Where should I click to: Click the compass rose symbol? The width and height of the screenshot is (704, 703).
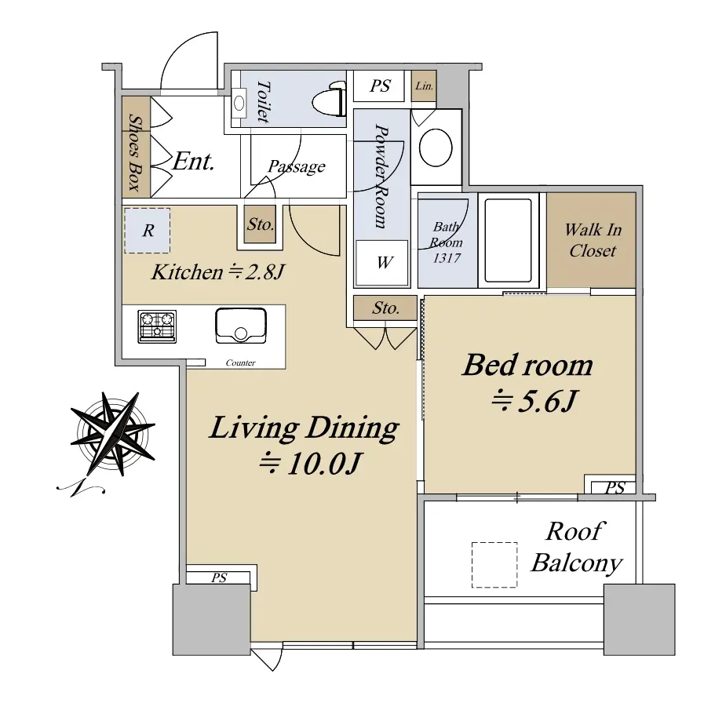112,435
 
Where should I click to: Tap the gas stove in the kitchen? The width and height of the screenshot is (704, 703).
157,326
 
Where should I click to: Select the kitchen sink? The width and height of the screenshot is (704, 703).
241,326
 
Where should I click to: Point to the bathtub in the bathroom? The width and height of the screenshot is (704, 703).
509,241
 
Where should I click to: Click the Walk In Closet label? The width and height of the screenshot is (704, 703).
593,240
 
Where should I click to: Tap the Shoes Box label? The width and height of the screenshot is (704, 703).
135,152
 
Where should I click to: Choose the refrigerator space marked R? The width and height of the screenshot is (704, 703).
148,231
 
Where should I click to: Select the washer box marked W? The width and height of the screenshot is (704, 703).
382,263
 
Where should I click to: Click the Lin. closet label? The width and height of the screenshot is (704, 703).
424,86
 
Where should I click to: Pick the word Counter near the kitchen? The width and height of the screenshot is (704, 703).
241,362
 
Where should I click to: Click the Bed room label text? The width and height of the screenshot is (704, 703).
527,366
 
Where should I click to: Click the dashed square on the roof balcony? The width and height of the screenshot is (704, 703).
494,565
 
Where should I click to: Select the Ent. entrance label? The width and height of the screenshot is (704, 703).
194,161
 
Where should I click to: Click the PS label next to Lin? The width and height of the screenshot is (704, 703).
380,86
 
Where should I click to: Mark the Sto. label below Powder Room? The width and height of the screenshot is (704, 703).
385,308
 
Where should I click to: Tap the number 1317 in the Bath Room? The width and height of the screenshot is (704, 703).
447,258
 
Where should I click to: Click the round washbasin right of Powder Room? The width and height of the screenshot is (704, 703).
436,148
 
